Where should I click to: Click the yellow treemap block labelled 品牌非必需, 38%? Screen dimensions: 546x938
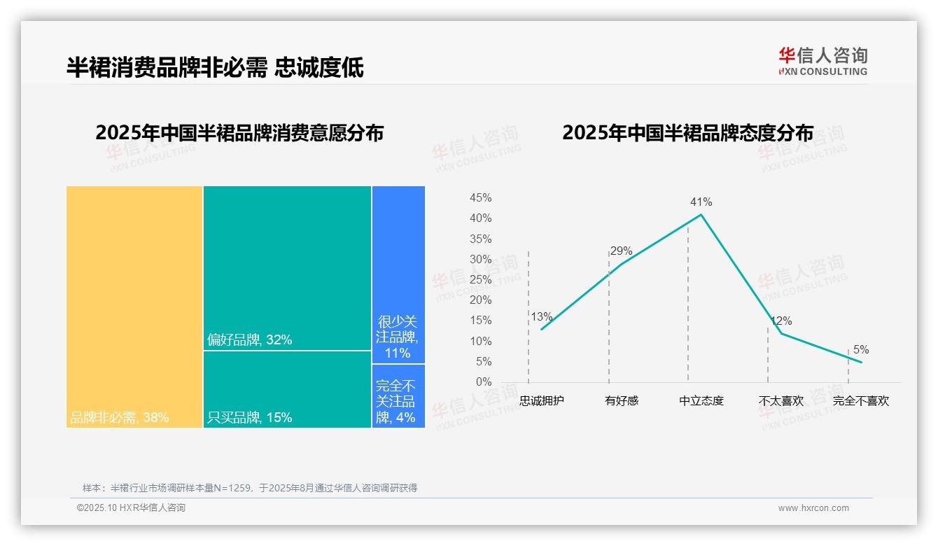point(134,307)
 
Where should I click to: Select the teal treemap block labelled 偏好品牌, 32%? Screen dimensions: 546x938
point(287,267)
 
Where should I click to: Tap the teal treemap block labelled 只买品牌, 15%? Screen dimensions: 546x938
point(287,389)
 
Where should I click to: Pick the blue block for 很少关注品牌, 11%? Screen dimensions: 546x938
point(398,274)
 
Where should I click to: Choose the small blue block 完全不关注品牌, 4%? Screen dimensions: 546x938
point(398,396)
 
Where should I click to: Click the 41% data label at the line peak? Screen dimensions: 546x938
point(701,202)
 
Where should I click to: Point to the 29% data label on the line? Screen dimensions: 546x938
point(621,251)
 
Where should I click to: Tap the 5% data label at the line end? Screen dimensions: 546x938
point(860,350)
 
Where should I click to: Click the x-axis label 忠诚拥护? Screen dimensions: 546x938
point(542,401)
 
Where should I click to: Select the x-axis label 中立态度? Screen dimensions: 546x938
point(701,401)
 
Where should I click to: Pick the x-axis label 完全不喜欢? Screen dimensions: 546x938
point(860,401)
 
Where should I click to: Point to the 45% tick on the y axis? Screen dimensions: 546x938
point(480,198)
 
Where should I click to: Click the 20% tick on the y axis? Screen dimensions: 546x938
point(480,300)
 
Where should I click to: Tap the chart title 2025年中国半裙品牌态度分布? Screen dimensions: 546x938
point(687,133)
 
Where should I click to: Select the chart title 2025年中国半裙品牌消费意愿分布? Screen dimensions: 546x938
point(239,133)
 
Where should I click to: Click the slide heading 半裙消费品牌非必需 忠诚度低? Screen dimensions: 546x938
point(215,68)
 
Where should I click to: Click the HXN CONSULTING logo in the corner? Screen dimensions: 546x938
point(822,62)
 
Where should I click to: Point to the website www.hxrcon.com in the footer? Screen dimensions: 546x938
point(813,508)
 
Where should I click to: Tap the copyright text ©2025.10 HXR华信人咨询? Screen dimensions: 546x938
point(131,508)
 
